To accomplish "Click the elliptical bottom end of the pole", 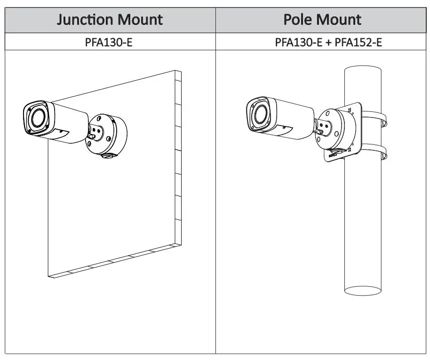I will tap(362, 290).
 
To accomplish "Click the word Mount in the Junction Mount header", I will tap(141, 20).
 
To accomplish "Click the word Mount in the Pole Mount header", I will tap(340, 20).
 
